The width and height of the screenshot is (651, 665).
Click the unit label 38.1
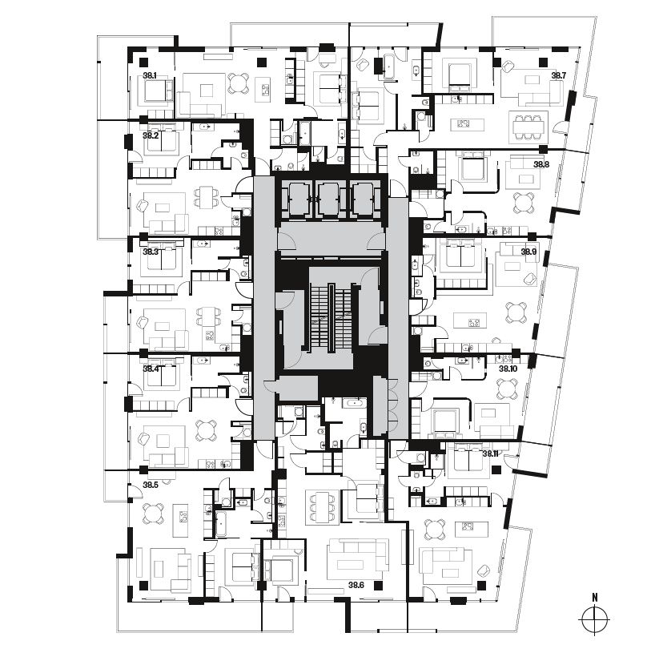[x=150, y=75]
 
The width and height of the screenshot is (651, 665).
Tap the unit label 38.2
[x=150, y=135]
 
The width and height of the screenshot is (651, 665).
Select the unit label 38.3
[x=150, y=252]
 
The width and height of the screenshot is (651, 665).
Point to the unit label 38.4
[x=150, y=369]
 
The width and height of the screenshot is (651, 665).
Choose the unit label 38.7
[x=558, y=75]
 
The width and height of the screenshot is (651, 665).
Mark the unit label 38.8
[x=541, y=164]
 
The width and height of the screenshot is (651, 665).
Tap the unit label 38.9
[x=528, y=252]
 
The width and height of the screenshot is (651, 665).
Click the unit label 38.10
[x=508, y=369]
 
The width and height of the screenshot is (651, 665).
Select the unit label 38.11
[x=490, y=453]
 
